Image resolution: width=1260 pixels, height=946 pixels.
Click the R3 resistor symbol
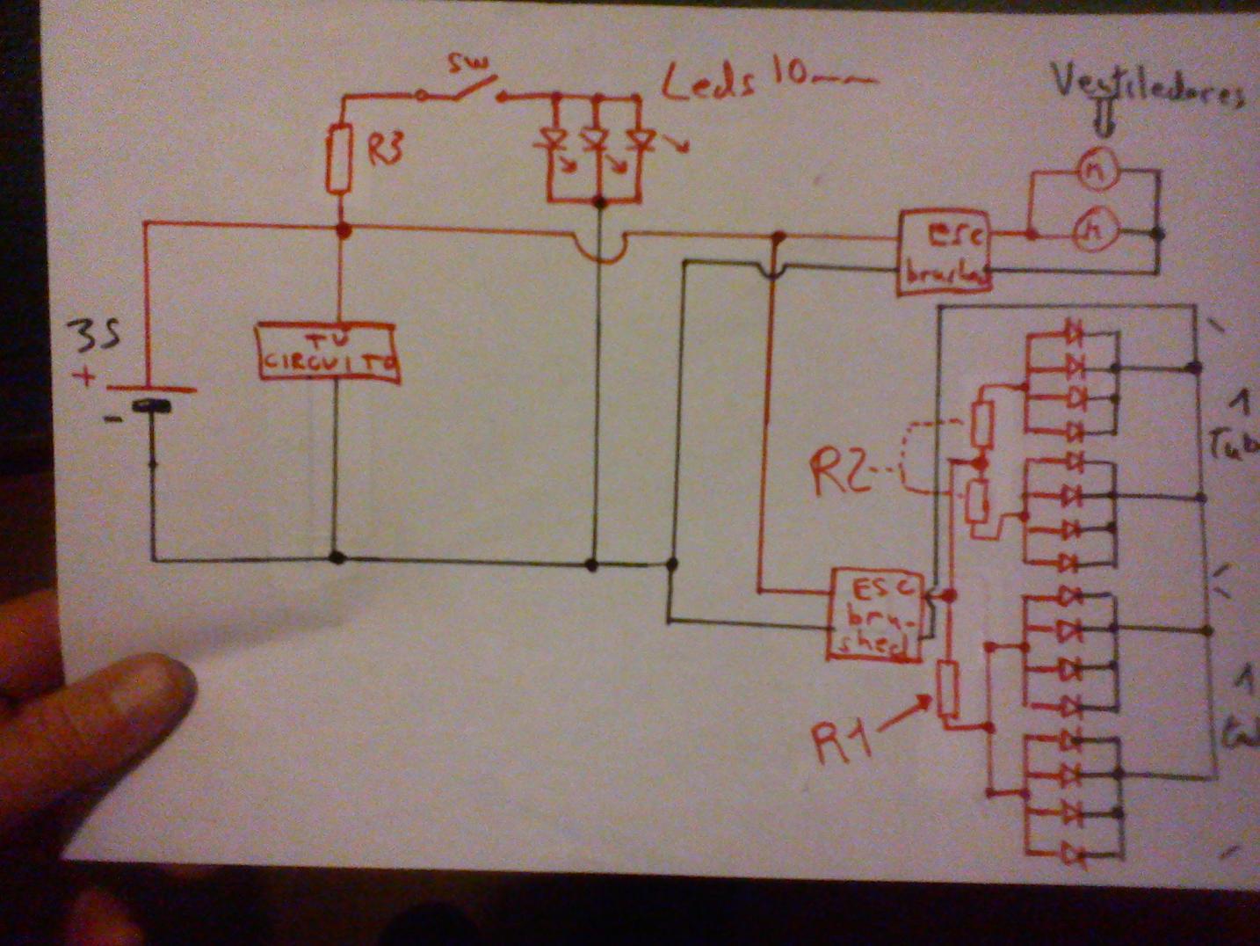pos(339,158)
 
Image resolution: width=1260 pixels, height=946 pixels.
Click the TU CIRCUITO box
pos(328,353)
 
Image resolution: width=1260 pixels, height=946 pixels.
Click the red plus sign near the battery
pos(86,378)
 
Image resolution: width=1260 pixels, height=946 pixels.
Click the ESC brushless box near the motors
pos(945,252)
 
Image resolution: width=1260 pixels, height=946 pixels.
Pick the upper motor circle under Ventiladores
pos(1097,172)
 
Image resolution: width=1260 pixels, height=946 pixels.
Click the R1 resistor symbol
pos(947,691)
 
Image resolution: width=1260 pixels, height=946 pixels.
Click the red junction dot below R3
pos(344,230)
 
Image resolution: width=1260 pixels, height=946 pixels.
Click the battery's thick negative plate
pos(151,406)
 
